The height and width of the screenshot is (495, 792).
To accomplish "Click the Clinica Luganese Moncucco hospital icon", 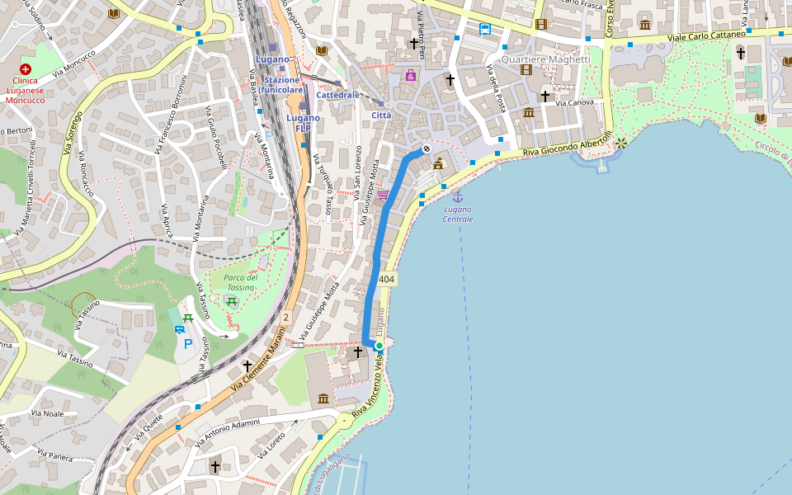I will [26, 70].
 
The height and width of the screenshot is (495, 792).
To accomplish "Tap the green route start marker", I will [379, 346].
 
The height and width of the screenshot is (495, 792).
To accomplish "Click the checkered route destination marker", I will [427, 149].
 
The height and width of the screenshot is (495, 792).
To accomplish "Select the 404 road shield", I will [386, 280].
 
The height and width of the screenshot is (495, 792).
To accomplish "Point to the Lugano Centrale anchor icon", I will [457, 196].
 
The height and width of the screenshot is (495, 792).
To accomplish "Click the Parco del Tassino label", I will [240, 282].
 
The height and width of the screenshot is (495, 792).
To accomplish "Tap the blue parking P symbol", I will [188, 343].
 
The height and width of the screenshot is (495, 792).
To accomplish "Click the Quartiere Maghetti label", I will [545, 59].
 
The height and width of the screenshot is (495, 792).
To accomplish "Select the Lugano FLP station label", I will [303, 123].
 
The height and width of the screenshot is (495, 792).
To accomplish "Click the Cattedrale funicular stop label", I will [337, 95].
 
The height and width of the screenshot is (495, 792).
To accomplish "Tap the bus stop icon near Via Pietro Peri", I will [484, 29].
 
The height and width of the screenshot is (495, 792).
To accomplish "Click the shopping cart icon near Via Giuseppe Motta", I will [384, 195].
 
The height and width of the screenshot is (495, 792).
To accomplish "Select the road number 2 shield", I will [286, 317].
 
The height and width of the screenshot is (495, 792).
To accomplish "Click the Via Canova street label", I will [575, 103].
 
